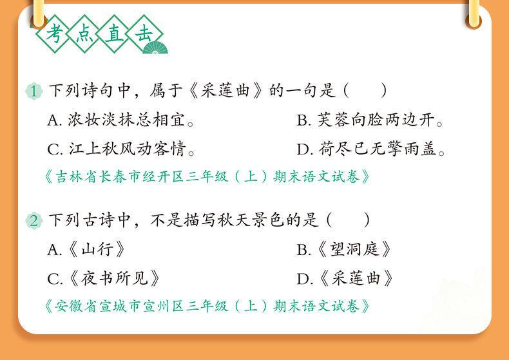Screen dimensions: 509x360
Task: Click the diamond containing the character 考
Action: [54, 33]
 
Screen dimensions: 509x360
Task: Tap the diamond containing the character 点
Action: [84, 33]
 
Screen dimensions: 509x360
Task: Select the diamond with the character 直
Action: [113, 33]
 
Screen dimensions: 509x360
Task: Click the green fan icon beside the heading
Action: [155, 48]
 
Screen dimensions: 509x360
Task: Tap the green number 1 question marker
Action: [34, 91]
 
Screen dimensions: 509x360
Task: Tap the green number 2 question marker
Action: [34, 221]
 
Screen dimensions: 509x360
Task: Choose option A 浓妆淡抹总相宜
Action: [120, 120]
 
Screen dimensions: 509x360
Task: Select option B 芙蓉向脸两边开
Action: [370, 120]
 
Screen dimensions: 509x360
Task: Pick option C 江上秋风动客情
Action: [120, 149]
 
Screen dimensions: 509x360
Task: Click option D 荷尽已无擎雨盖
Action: [370, 149]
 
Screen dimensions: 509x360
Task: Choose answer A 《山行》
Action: [86, 250]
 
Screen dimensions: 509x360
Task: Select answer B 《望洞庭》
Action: [344, 250]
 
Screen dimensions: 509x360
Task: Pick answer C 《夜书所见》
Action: [104, 279]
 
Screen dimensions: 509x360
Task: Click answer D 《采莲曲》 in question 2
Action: [345, 279]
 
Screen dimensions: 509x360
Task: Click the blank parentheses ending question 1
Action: [365, 91]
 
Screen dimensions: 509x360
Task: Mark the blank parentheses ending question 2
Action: [348, 220]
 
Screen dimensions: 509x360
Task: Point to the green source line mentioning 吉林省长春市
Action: [207, 177]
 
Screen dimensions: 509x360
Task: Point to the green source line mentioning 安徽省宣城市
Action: [207, 306]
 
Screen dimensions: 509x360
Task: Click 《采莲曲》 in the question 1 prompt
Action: [226, 91]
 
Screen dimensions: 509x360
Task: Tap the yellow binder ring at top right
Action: [474, 15]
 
